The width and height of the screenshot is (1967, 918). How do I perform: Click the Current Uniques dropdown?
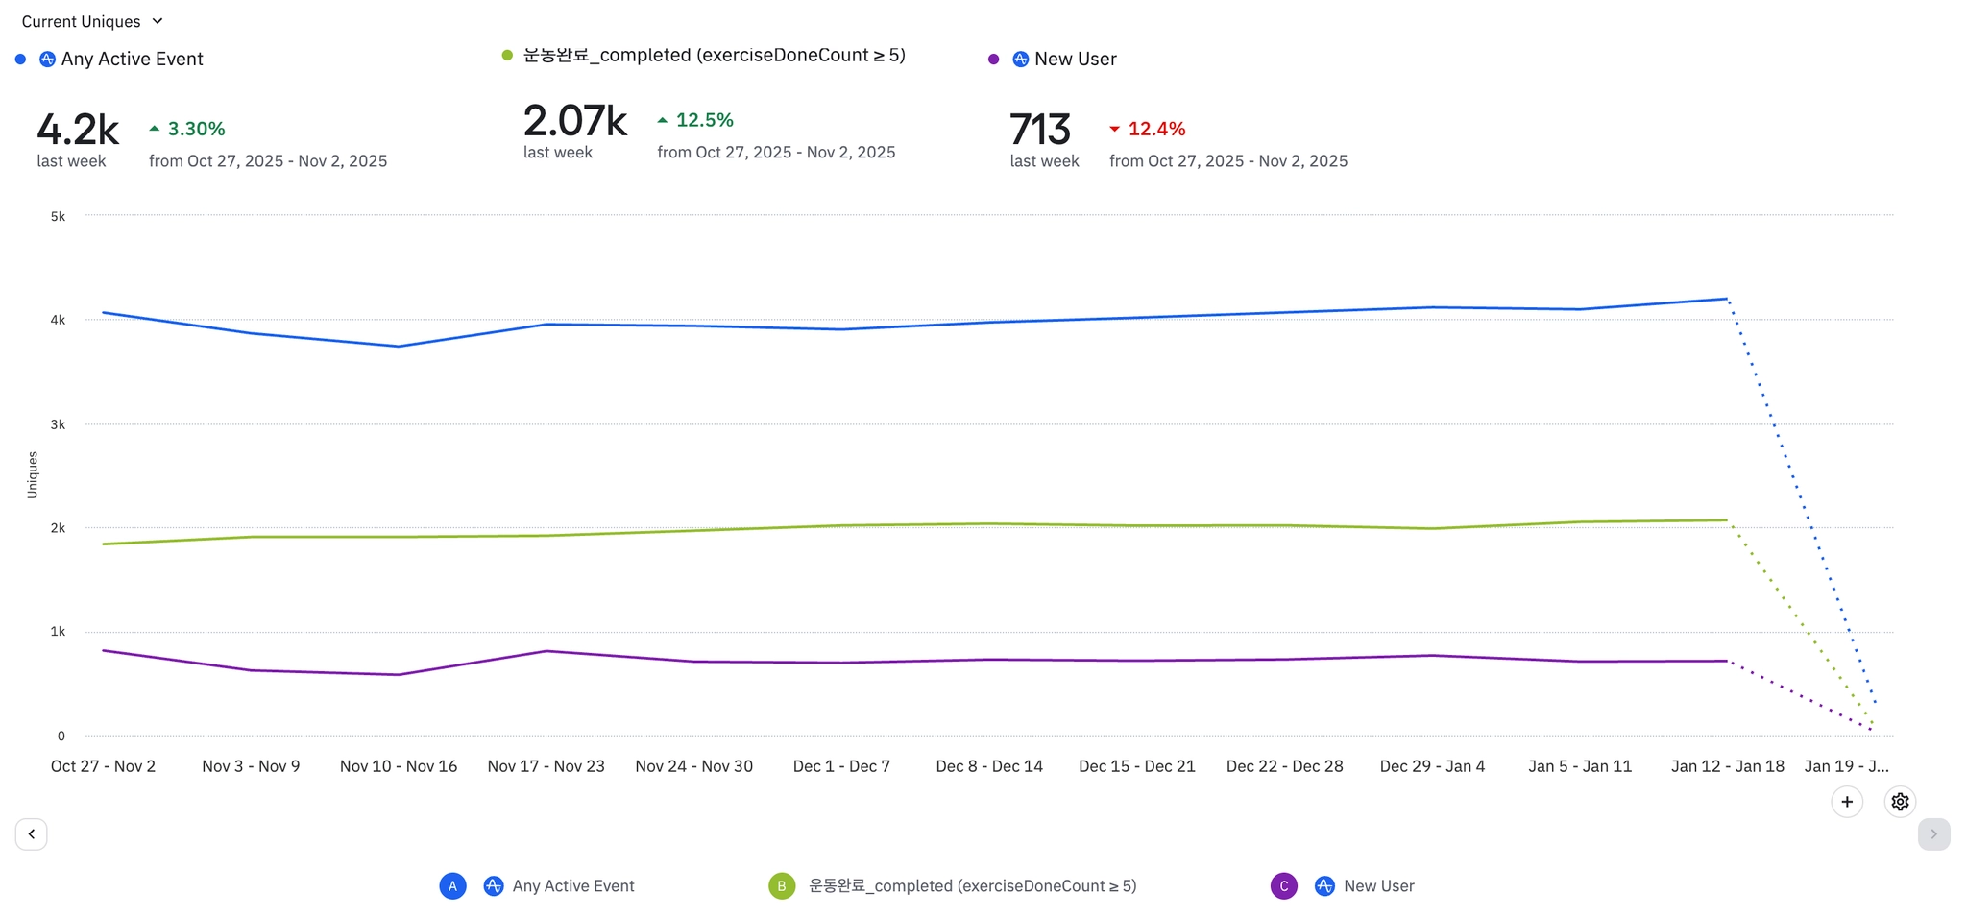click(92, 21)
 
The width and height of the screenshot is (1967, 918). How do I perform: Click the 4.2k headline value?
click(78, 130)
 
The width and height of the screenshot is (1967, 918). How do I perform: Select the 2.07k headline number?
click(574, 121)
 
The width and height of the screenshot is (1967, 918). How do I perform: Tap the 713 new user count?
click(1039, 130)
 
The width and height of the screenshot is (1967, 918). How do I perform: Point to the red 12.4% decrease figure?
click(1155, 129)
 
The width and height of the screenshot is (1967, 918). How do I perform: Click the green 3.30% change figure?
click(195, 129)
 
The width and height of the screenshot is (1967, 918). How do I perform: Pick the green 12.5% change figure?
click(703, 120)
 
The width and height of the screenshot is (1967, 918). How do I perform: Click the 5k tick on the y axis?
click(59, 216)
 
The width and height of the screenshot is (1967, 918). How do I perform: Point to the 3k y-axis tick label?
click(59, 424)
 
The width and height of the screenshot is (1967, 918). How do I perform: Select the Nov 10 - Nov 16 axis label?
click(398, 766)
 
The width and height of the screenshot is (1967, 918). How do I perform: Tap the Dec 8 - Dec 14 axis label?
click(989, 766)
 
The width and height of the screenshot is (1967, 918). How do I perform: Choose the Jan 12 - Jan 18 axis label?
click(1727, 766)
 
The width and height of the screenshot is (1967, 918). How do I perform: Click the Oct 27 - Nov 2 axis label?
click(103, 766)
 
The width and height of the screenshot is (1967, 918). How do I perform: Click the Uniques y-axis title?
click(33, 474)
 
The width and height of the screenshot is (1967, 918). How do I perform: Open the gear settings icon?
click(1900, 802)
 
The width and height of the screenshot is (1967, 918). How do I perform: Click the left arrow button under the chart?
click(32, 833)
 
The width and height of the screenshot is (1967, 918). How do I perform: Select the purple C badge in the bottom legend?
click(1283, 886)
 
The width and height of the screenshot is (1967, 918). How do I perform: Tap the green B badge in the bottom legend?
click(782, 886)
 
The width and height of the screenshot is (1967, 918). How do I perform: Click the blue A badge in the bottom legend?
click(452, 886)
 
